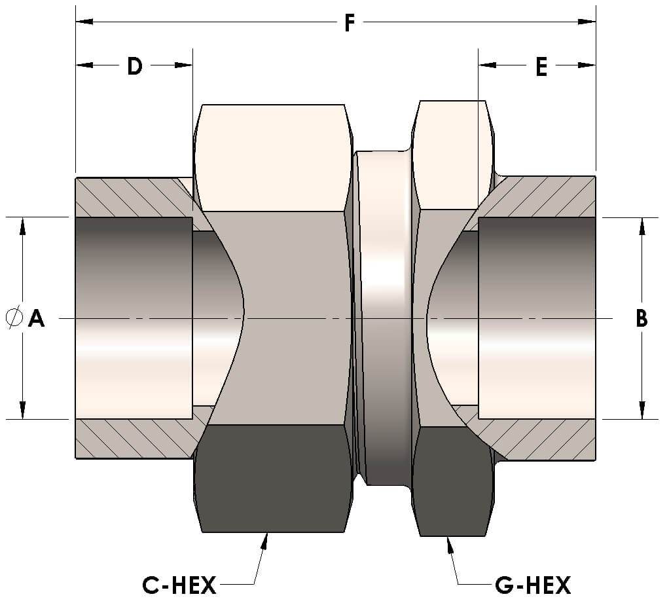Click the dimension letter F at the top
[x=350, y=24]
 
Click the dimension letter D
[x=134, y=66]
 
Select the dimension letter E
[x=541, y=67]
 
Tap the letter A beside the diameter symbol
[x=37, y=319]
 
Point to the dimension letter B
[x=642, y=319]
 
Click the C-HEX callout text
[x=179, y=584]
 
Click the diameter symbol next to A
[x=13, y=319]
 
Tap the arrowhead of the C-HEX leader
[x=265, y=539]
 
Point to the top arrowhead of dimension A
[x=23, y=225]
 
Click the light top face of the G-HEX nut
[x=452, y=154]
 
